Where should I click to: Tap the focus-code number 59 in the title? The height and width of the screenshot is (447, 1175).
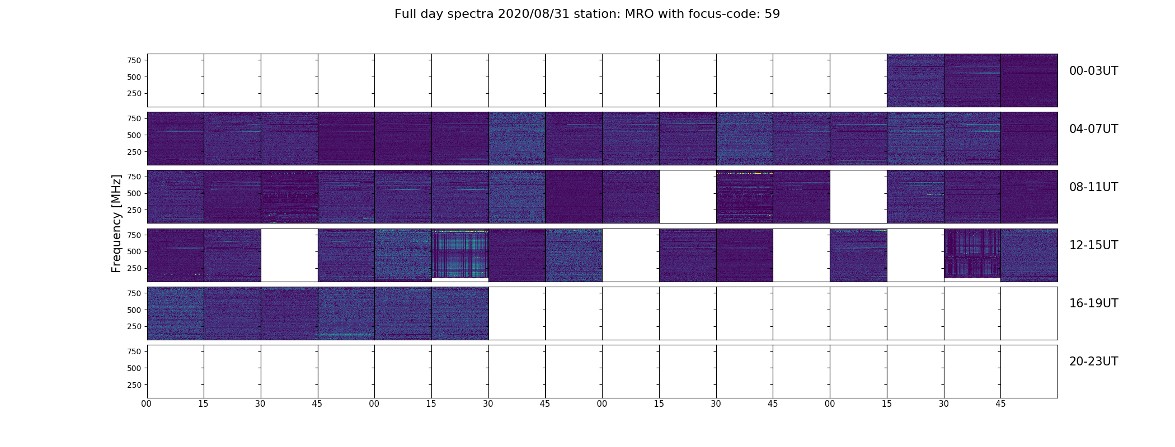click(772, 14)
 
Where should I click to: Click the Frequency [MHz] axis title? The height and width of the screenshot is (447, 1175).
click(116, 223)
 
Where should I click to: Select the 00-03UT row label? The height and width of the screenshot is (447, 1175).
click(1093, 71)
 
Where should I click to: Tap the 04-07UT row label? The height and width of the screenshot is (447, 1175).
click(1093, 129)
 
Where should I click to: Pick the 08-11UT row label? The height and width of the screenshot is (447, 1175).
click(1093, 187)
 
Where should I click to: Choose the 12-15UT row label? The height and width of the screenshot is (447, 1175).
click(1093, 245)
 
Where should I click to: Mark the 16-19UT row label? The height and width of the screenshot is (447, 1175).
click(1093, 303)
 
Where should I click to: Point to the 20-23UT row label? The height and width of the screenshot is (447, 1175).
click(1093, 362)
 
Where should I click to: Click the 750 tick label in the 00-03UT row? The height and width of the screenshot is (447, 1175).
click(134, 60)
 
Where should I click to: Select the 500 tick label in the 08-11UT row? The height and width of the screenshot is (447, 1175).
click(134, 193)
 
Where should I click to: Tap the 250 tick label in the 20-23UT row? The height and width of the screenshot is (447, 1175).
click(134, 385)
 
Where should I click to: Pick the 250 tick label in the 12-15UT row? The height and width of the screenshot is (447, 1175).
click(134, 268)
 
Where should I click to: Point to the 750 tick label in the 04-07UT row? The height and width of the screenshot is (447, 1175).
click(134, 118)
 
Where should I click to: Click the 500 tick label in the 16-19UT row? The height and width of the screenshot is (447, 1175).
click(134, 310)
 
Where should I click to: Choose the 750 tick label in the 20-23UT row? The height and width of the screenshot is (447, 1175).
click(134, 351)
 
